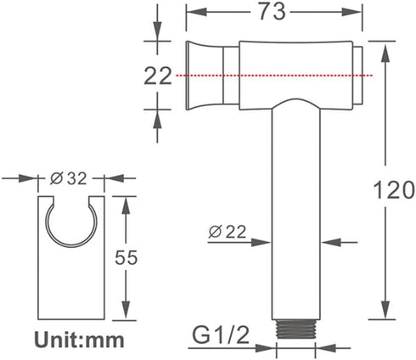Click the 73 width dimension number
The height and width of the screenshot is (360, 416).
[272, 12]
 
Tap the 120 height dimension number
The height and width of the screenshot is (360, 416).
[394, 190]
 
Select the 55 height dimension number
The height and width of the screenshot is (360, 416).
[126, 257]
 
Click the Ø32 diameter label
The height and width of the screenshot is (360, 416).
[68, 178]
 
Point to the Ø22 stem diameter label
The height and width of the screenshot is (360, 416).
[228, 232]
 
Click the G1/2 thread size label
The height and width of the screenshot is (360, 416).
[221, 335]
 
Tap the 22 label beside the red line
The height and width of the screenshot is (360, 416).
[158, 76]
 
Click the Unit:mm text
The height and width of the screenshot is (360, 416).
[79, 340]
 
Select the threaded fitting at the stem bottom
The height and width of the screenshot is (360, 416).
[296, 329]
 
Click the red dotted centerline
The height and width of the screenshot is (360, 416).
[274, 76]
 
